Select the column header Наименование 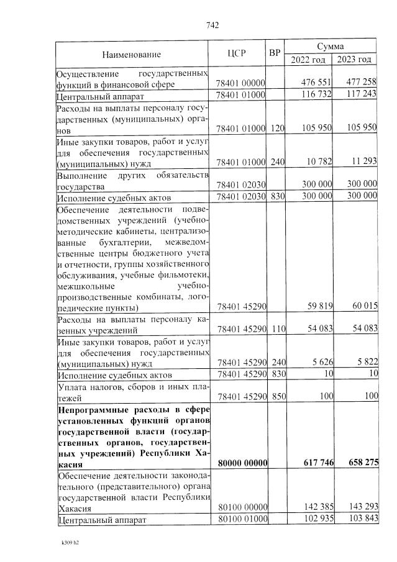(135, 54)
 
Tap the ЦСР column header (237, 53)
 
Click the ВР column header (275, 53)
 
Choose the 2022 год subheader (308, 60)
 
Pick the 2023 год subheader (354, 60)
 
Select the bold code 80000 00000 (242, 463)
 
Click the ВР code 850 (277, 396)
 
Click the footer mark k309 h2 (70, 542)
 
